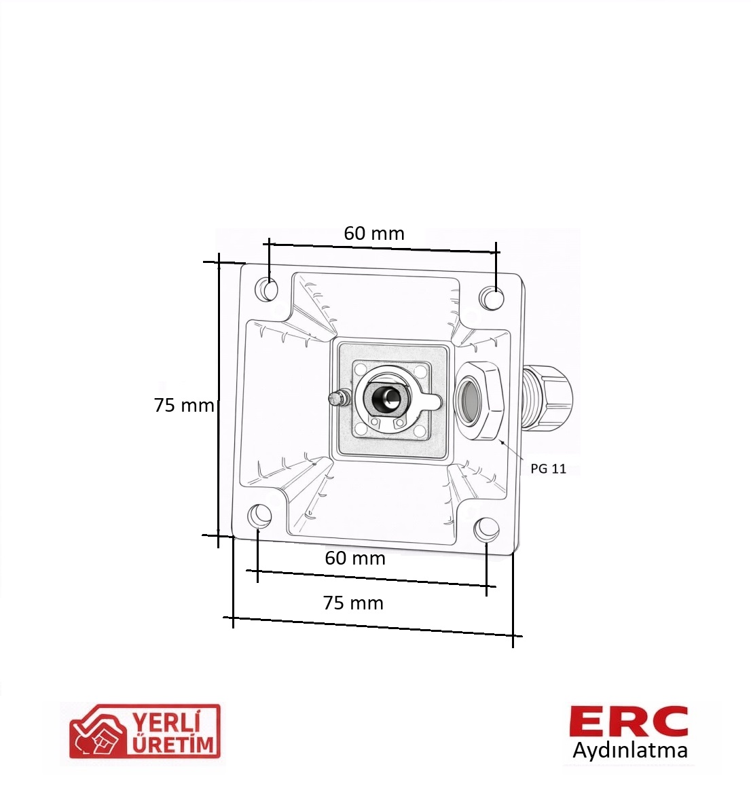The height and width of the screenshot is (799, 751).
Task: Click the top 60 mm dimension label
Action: tap(374, 234)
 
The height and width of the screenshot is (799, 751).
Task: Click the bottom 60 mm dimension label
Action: tap(355, 558)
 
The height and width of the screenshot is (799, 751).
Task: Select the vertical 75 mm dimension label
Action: tap(184, 405)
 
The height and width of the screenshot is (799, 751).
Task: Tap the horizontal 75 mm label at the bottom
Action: tap(353, 603)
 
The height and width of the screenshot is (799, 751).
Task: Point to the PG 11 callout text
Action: tap(549, 469)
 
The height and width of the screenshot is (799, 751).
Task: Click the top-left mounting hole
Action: tap(270, 290)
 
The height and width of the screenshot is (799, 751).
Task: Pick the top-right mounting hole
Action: tap(492, 298)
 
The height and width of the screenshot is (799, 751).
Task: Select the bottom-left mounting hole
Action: tap(259, 516)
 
